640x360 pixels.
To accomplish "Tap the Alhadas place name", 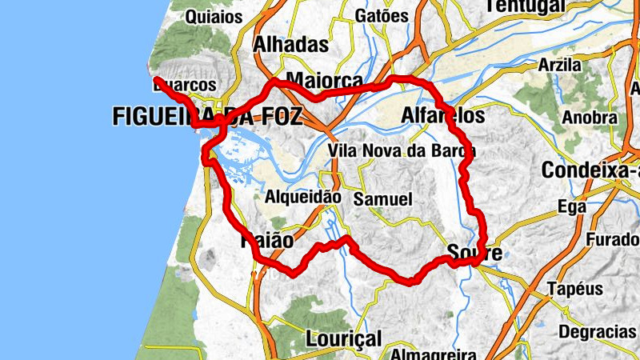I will tap(290, 45).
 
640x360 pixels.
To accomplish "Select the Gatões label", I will tap(382, 15).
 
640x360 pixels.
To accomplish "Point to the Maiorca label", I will tap(324, 81).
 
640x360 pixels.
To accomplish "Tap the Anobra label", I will tap(589, 117).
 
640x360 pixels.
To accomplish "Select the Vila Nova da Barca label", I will tap(402, 150).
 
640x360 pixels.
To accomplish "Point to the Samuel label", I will tap(382, 198).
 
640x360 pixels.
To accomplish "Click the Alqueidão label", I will tap(303, 196).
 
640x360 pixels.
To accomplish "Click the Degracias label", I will tap(598, 330).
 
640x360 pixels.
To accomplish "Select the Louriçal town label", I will tap(344, 338).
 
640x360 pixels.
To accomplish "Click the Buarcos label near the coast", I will tap(185, 85).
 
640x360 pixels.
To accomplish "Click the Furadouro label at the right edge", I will tap(612, 239).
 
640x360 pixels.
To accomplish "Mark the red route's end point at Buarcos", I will tap(157, 79).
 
